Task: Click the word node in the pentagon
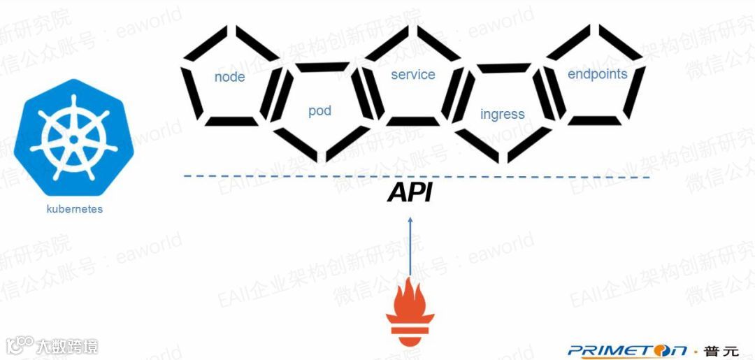coord(229,77)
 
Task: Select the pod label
coord(319,111)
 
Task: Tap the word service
coord(412,75)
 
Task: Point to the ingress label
coord(502,114)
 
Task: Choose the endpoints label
coord(597,74)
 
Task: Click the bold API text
coord(410,193)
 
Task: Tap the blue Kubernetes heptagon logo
coord(73,138)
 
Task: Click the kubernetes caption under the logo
coord(74,209)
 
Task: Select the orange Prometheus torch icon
coord(410,310)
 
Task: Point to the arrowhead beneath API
coord(410,219)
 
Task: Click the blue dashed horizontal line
coord(280,177)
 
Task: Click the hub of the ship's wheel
coord(73,138)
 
